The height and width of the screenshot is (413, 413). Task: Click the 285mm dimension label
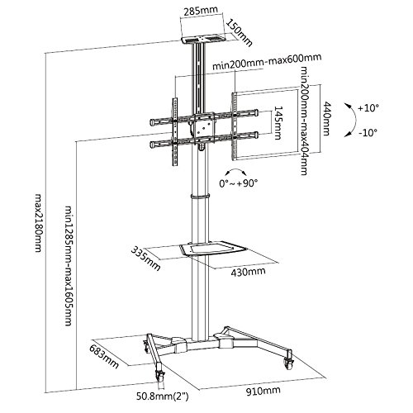[x=201, y=11]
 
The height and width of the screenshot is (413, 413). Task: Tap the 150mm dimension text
[x=239, y=33]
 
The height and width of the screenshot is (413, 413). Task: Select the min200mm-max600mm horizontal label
[x=267, y=62]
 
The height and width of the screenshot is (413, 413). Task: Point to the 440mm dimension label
[x=326, y=118]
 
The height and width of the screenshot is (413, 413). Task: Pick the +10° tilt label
[x=368, y=108]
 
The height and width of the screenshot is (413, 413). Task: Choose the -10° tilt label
[x=368, y=133]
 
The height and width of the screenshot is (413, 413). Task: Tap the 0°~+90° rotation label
[x=239, y=183]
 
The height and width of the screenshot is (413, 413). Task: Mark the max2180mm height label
[x=39, y=223]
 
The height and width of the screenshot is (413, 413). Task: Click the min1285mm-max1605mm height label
[x=69, y=265]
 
